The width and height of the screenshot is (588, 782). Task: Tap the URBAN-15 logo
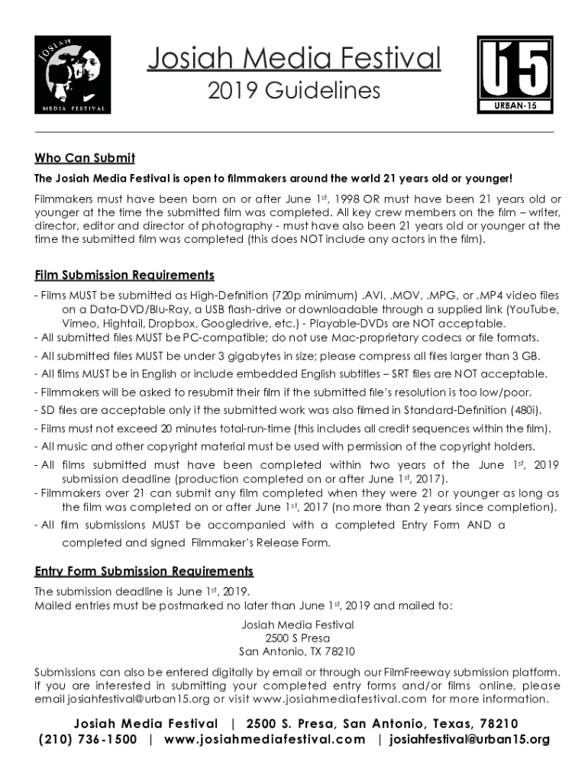tap(515, 75)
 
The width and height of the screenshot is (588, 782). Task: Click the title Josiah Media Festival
tap(294, 59)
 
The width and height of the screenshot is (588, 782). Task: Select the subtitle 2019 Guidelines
tap(294, 91)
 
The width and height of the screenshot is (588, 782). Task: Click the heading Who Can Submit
tap(85, 158)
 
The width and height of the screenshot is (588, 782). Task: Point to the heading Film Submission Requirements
tap(124, 275)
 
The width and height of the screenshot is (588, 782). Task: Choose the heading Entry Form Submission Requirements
tap(144, 571)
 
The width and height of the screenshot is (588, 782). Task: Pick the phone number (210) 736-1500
tap(88, 739)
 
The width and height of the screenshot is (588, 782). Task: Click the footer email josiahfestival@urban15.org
tap(470, 739)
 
